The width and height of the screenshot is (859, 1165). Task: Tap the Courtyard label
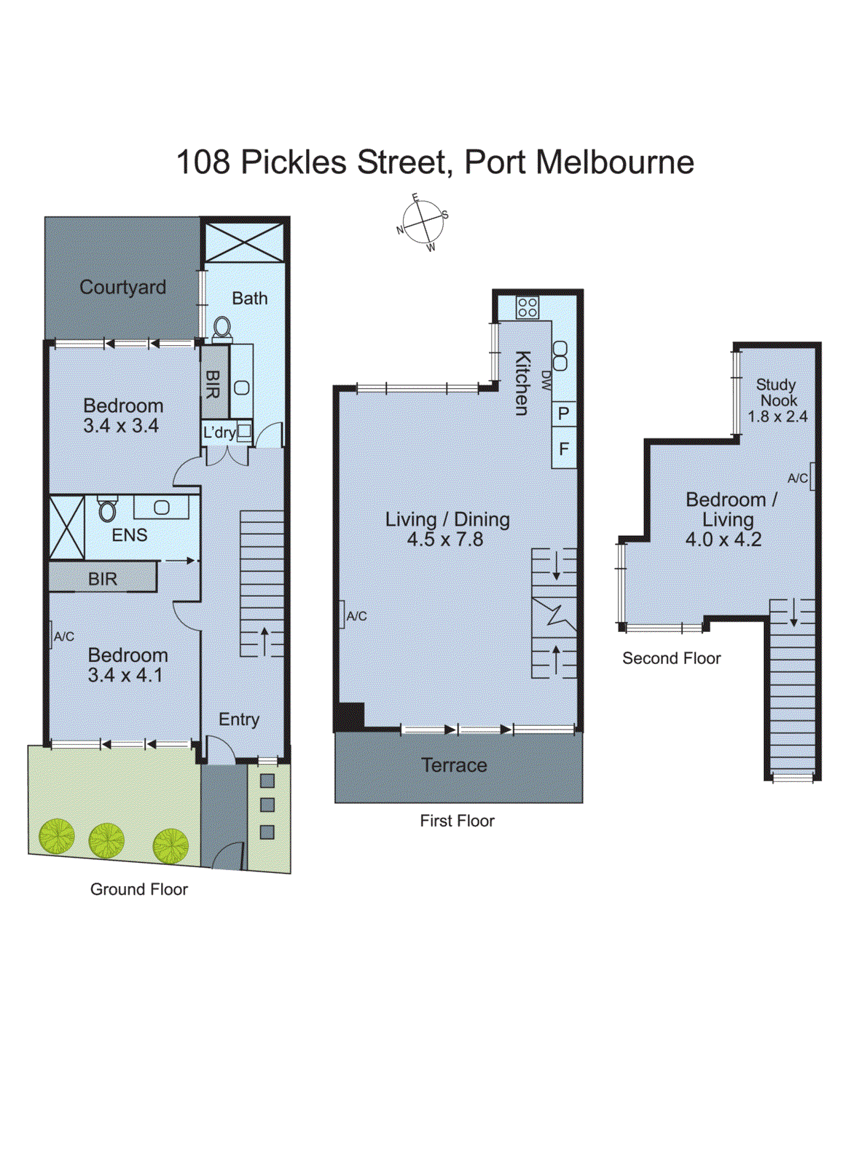(x=122, y=287)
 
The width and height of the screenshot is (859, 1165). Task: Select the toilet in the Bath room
(x=221, y=329)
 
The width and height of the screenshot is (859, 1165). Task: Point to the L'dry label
(x=219, y=433)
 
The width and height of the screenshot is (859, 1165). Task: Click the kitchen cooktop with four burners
(x=527, y=307)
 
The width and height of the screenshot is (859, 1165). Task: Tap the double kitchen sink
(x=560, y=355)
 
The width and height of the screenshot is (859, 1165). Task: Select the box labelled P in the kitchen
(x=563, y=414)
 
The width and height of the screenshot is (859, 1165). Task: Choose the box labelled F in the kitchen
(x=563, y=449)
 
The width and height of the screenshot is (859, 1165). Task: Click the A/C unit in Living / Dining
(x=342, y=615)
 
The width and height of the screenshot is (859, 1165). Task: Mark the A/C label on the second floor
(x=798, y=478)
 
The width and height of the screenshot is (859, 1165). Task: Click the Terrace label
(x=454, y=765)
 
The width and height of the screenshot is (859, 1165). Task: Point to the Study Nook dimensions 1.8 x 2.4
(x=777, y=416)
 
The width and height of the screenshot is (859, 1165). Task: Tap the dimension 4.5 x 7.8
(x=444, y=540)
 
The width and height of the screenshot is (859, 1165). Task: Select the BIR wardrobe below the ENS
(x=103, y=578)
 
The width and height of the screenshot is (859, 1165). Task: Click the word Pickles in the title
(x=294, y=162)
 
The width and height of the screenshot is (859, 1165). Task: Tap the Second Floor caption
(x=671, y=658)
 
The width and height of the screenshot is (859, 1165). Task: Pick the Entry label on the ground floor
(x=239, y=719)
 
